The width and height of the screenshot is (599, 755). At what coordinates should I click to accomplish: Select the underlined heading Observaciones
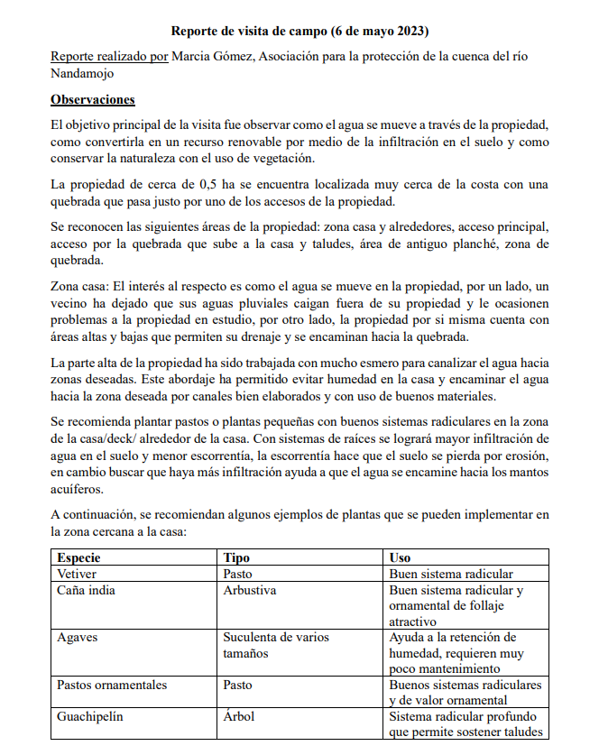pyautogui.click(x=93, y=99)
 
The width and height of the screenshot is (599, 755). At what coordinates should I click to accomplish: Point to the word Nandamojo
pyautogui.click(x=82, y=74)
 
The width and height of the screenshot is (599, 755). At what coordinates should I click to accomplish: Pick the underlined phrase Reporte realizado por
pyautogui.click(x=109, y=56)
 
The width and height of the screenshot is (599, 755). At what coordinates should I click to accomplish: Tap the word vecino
pyautogui.click(x=70, y=303)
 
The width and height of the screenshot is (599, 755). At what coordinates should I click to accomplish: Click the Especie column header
pyautogui.click(x=80, y=557)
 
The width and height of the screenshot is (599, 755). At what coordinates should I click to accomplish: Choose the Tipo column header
pyautogui.click(x=236, y=557)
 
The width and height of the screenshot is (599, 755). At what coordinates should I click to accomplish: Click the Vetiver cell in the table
pyautogui.click(x=77, y=574)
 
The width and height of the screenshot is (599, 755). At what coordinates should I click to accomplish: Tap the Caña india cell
pyautogui.click(x=86, y=591)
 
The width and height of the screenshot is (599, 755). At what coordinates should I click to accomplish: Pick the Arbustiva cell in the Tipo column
pyautogui.click(x=250, y=591)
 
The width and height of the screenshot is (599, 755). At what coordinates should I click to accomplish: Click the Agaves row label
pyautogui.click(x=78, y=637)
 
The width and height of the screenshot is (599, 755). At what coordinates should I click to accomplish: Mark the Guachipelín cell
pyautogui.click(x=89, y=717)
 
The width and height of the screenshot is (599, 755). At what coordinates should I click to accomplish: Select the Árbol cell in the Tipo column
pyautogui.click(x=239, y=717)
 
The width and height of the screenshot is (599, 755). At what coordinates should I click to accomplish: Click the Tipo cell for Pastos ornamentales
pyautogui.click(x=238, y=685)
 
